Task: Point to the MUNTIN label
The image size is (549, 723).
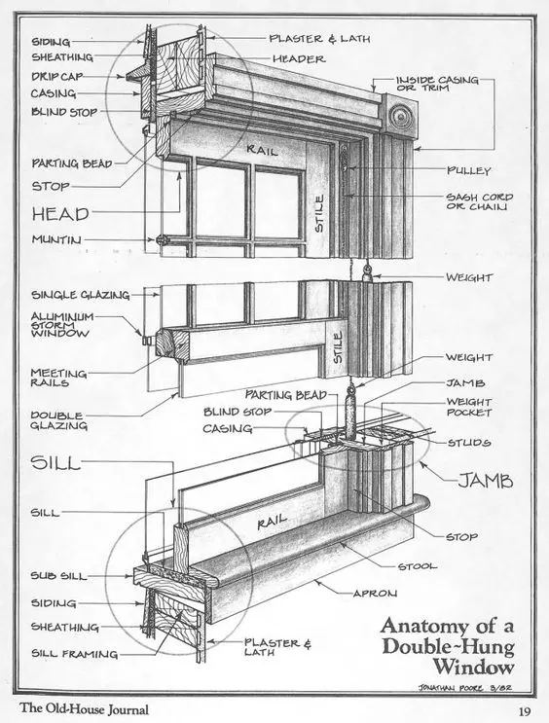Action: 55,238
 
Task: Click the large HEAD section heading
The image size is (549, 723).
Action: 60,213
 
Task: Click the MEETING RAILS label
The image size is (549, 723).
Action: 58,378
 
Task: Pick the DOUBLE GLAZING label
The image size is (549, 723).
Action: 58,419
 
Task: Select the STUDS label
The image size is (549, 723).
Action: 469,443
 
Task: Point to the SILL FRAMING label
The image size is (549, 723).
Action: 74,654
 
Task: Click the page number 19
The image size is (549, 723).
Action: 523,710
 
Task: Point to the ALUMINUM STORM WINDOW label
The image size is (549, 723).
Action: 61,325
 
